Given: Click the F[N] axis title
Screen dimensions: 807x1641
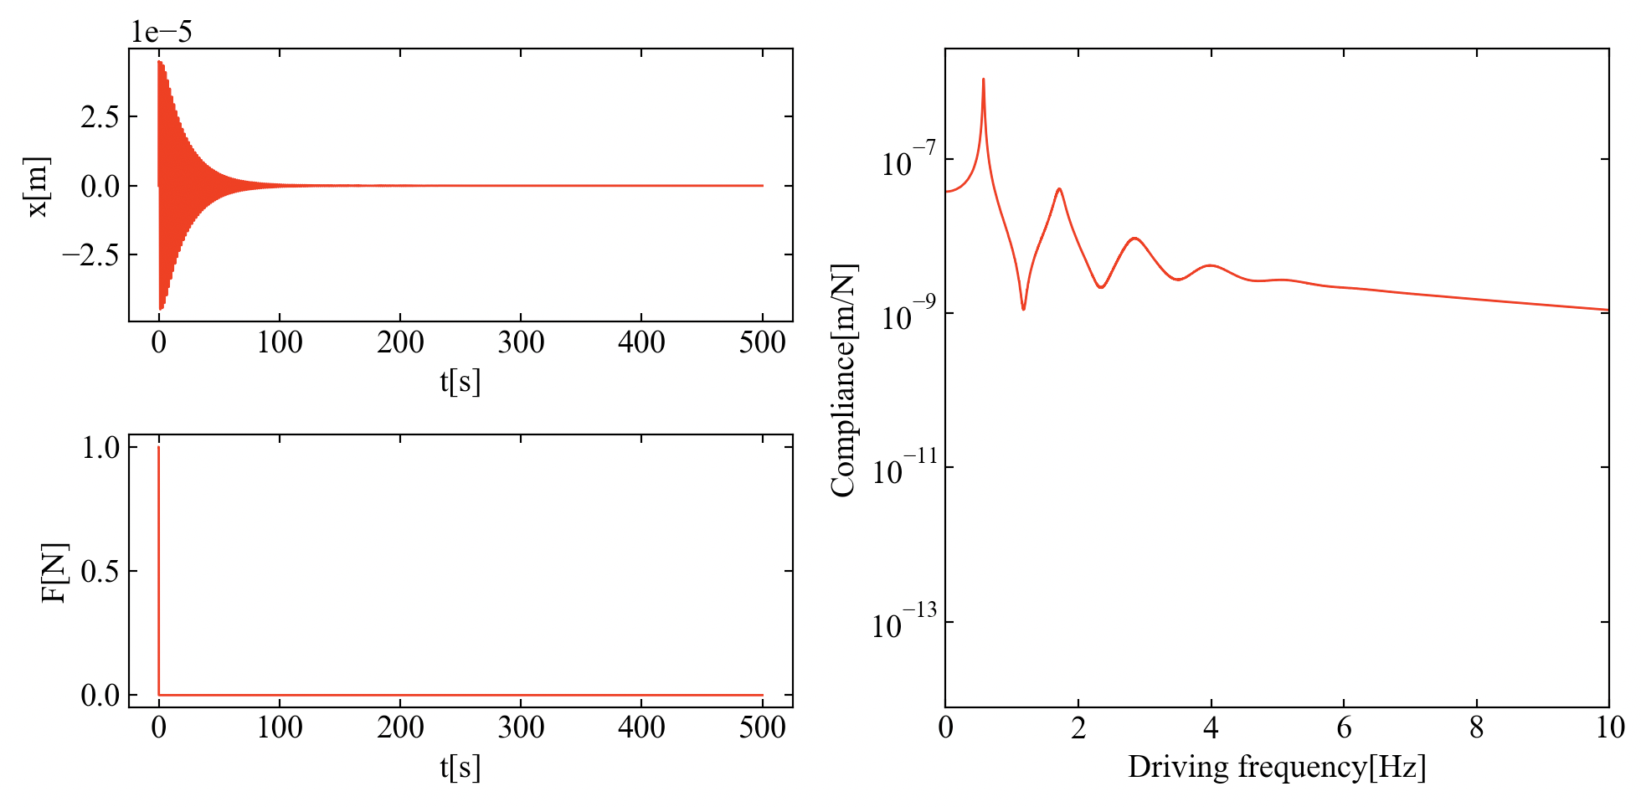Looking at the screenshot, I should [x=54, y=573].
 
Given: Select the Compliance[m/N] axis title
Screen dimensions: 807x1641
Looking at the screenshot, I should [x=843, y=381].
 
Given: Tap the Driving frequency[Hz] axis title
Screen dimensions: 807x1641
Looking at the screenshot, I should [x=1277, y=767].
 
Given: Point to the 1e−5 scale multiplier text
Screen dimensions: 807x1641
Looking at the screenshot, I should [x=161, y=32].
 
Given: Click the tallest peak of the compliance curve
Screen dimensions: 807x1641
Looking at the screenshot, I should [x=983, y=80].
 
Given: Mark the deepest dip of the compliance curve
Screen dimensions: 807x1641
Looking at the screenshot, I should [x=1023, y=309].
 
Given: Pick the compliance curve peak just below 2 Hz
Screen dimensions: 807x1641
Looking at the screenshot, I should [x=1059, y=189].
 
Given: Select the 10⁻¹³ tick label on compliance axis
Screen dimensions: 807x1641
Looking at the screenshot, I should [x=904, y=624].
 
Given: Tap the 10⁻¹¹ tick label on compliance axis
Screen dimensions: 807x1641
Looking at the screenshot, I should [x=904, y=470].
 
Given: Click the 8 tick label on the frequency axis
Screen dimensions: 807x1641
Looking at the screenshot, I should [x=1476, y=728].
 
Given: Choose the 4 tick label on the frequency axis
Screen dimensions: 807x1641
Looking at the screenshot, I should [x=1211, y=728].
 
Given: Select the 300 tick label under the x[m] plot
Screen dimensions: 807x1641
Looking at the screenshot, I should [x=521, y=342].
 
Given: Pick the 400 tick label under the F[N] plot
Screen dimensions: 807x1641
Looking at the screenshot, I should [x=641, y=727].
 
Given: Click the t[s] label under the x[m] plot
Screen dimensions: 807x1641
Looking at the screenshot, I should [x=460, y=382].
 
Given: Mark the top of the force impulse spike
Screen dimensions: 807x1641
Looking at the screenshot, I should [x=158, y=448].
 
